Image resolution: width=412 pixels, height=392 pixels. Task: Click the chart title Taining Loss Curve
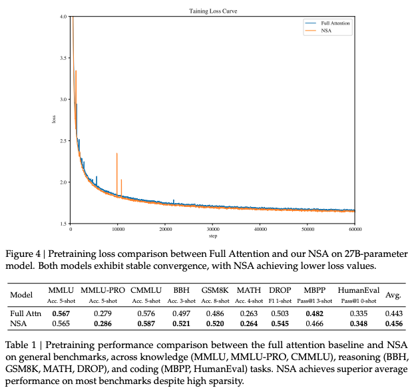pos(213,11)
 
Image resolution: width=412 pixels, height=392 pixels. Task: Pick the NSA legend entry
pos(326,30)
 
